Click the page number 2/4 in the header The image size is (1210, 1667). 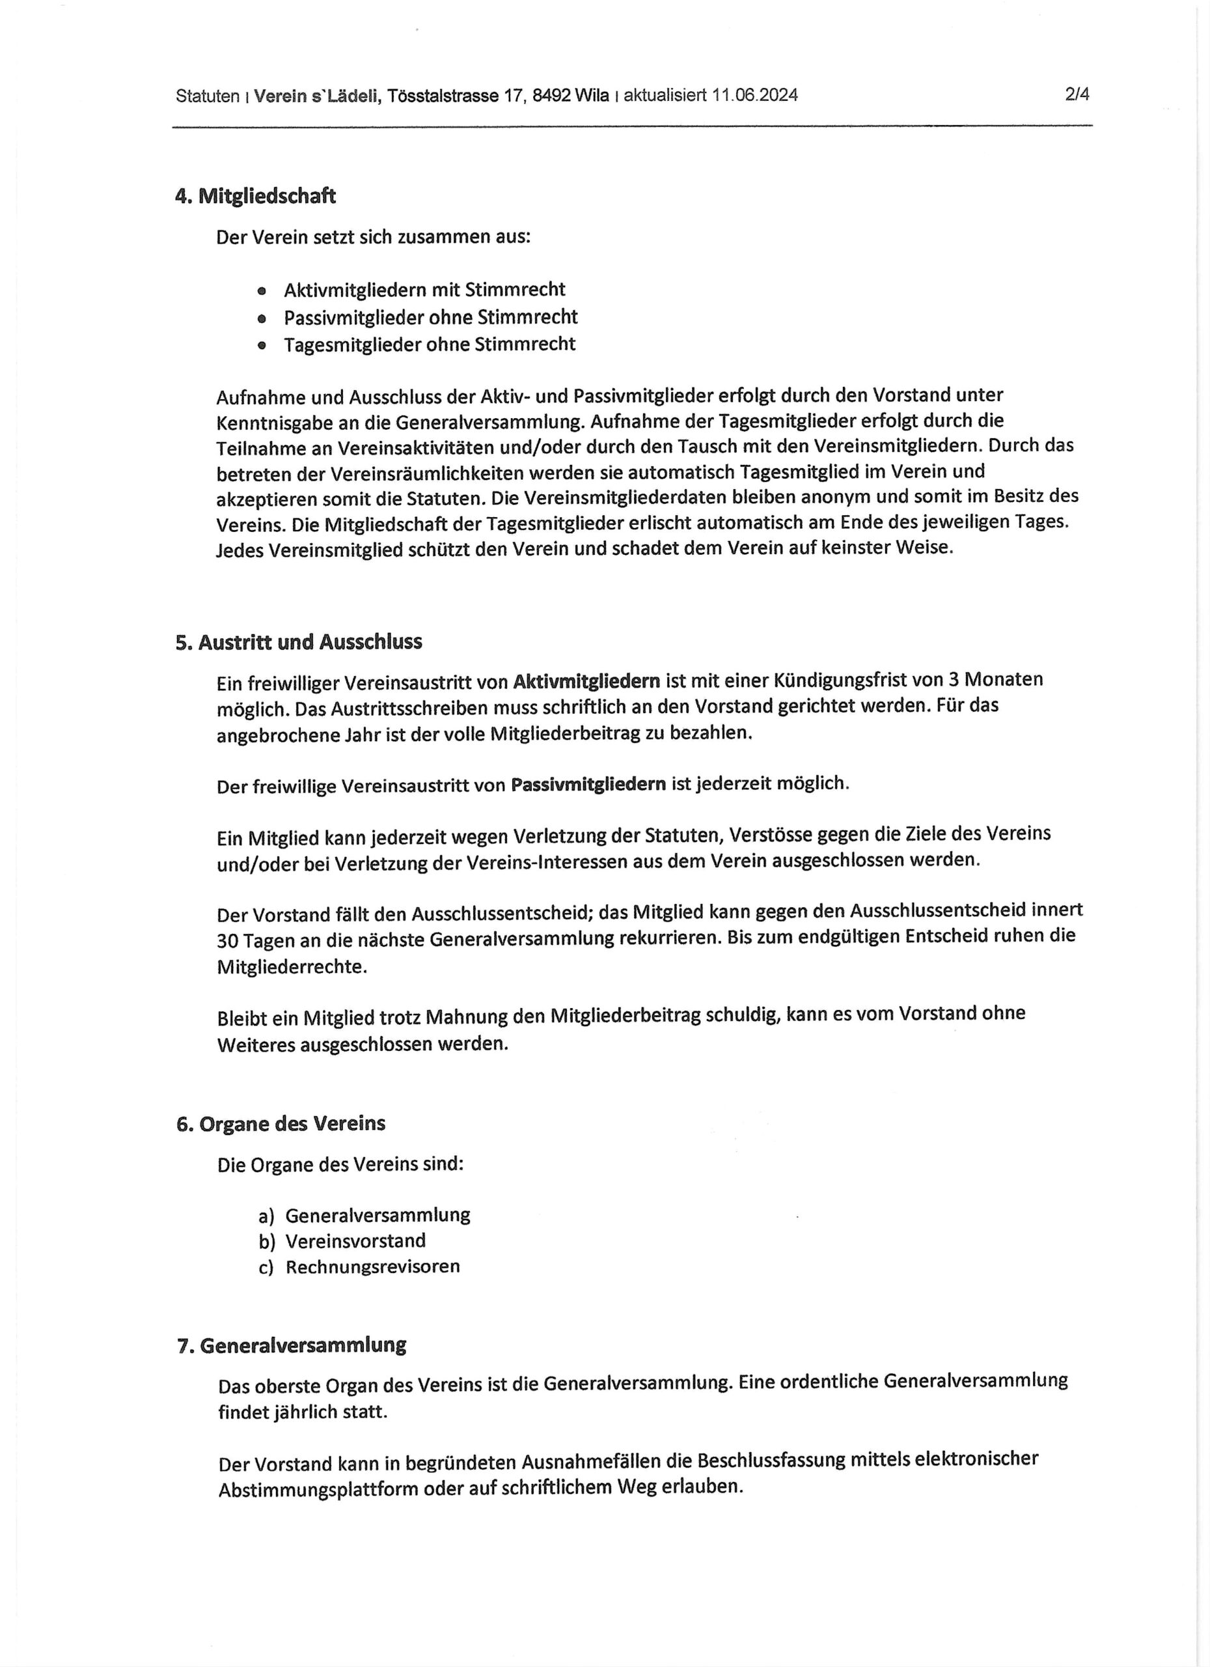coord(1077,95)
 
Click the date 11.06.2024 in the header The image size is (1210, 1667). coord(754,96)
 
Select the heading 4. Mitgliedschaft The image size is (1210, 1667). coord(256,196)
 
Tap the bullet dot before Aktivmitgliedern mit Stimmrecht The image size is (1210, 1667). coord(262,291)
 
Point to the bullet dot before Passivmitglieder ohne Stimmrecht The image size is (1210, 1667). coord(262,319)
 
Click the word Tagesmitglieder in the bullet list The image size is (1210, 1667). coord(342,344)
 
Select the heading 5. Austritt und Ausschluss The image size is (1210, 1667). coord(299,643)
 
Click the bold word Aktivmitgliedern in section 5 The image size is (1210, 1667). coord(586,681)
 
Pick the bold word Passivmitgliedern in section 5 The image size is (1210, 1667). coord(588,784)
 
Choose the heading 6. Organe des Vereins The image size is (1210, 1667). coord(281,1124)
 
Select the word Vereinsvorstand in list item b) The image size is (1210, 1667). coord(355,1241)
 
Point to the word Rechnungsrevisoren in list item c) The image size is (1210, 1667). coord(372,1267)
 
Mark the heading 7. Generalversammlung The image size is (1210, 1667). coord(292,1346)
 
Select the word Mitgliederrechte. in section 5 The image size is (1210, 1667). coord(292,967)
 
